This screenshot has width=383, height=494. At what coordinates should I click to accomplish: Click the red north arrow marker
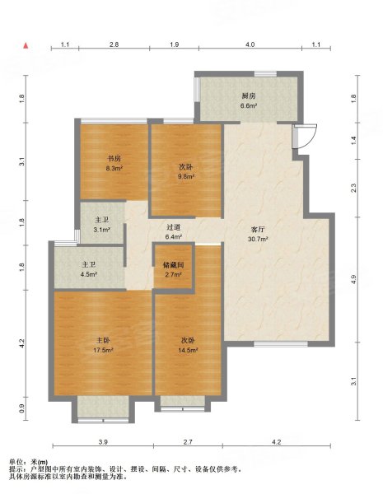(26, 45)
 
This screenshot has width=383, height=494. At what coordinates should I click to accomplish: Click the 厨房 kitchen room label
(249, 96)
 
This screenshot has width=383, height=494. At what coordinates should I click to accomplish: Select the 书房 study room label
(114, 158)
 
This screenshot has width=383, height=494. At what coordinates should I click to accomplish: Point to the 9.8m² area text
(186, 176)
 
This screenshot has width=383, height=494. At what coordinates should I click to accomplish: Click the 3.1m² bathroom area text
(101, 230)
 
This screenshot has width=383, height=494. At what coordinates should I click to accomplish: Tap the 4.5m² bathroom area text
(89, 274)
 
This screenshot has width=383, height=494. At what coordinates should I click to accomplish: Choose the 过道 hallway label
(173, 227)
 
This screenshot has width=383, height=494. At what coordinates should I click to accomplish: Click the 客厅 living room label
(258, 230)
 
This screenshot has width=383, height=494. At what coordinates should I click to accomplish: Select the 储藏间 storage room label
(173, 265)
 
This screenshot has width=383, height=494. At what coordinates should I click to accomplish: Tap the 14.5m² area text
(188, 350)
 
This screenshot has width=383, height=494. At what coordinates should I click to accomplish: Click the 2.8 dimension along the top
(114, 44)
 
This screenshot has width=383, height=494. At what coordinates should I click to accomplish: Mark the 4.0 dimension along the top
(250, 44)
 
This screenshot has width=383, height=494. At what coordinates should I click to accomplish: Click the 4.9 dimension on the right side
(353, 279)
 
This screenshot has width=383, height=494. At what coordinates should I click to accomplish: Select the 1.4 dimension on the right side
(353, 141)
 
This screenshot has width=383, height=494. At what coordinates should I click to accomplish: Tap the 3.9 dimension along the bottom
(103, 442)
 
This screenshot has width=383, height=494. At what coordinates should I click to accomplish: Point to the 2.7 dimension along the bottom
(188, 442)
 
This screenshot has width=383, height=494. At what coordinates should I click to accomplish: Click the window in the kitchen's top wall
(265, 74)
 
